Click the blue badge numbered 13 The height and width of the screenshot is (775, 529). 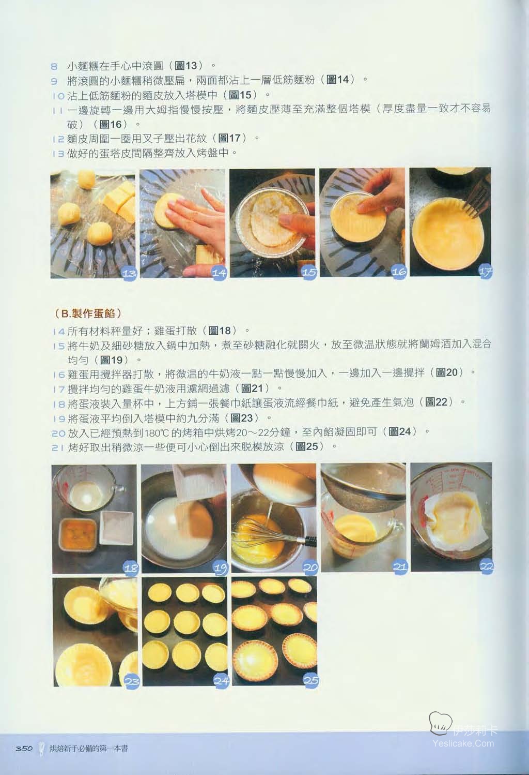[x=129, y=273]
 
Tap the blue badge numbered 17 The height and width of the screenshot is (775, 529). [x=485, y=272]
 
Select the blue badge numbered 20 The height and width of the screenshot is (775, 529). [x=310, y=567]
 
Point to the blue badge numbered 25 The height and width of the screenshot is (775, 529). [x=310, y=680]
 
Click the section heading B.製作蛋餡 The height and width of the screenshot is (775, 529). [x=88, y=314]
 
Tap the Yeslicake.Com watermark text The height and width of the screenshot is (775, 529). [x=463, y=743]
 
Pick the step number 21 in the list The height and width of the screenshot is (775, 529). [x=57, y=448]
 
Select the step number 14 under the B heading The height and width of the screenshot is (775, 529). [x=58, y=332]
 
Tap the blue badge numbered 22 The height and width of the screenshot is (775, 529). [x=487, y=567]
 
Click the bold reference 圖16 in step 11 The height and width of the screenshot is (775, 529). [x=111, y=124]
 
